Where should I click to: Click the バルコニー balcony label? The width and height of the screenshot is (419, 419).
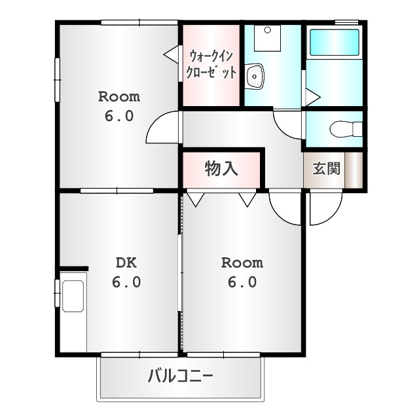point(180,376)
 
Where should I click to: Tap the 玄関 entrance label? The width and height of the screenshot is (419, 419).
point(325,168)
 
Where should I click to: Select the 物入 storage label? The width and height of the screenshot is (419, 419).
point(221,169)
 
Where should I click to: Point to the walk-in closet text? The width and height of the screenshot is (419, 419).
point(211,64)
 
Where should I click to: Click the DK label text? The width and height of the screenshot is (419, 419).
point(126,263)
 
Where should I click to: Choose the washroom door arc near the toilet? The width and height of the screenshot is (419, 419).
point(288,123)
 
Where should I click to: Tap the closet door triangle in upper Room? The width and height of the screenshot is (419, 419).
point(172,54)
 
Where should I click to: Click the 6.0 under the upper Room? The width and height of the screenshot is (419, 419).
point(119,117)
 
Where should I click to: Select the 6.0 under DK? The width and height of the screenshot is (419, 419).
point(126,283)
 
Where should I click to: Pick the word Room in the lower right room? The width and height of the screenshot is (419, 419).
point(242,263)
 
